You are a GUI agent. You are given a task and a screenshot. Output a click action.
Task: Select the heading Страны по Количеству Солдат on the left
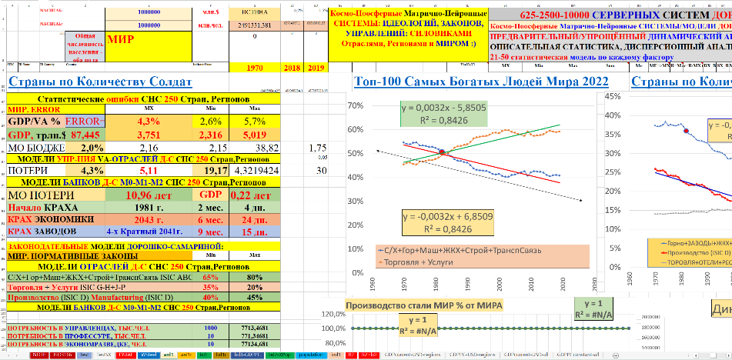coord(100,83)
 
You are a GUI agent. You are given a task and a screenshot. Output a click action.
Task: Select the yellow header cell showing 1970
coord(254,68)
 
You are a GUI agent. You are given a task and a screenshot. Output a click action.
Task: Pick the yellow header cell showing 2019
coord(316,68)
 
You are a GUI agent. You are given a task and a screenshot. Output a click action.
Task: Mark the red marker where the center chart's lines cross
coord(443,152)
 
